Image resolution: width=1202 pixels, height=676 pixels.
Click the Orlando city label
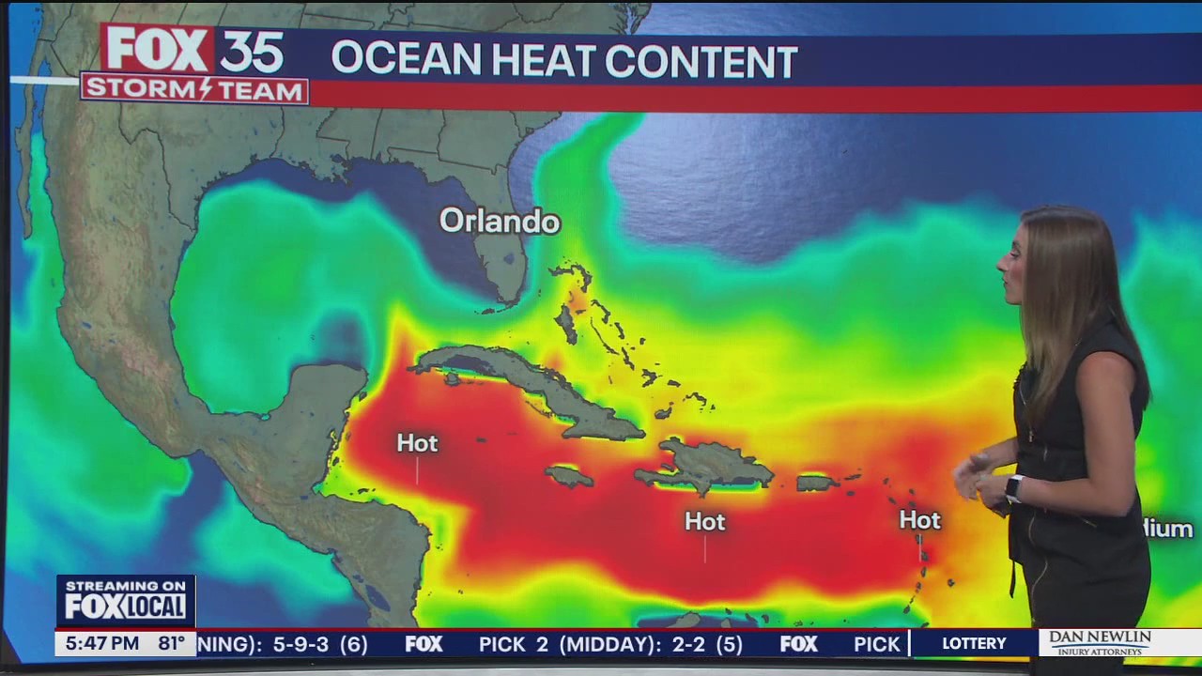tap(500, 222)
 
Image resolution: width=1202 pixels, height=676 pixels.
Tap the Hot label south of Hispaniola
tap(704, 522)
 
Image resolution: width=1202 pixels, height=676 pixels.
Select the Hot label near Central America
tap(417, 443)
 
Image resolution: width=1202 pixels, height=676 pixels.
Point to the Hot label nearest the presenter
tap(919, 520)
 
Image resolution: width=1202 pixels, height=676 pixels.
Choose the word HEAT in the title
tap(543, 61)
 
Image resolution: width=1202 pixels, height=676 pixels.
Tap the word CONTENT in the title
tap(701, 61)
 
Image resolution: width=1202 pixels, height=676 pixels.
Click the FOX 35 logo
tap(194, 50)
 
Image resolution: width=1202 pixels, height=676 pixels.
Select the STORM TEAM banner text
tap(194, 90)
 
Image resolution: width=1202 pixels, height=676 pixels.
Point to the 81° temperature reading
tap(171, 644)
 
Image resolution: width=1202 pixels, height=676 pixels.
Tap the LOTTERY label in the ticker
tap(974, 644)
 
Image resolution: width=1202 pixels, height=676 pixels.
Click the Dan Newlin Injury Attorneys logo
tap(1100, 643)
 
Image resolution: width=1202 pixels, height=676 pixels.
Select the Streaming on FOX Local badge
tap(126, 600)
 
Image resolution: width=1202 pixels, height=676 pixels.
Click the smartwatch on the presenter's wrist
tap(1012, 487)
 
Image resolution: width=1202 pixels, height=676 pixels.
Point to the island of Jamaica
tap(569, 476)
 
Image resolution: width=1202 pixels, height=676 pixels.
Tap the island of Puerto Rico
tap(816, 483)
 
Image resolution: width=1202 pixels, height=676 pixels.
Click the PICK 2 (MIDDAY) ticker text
tap(610, 644)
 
